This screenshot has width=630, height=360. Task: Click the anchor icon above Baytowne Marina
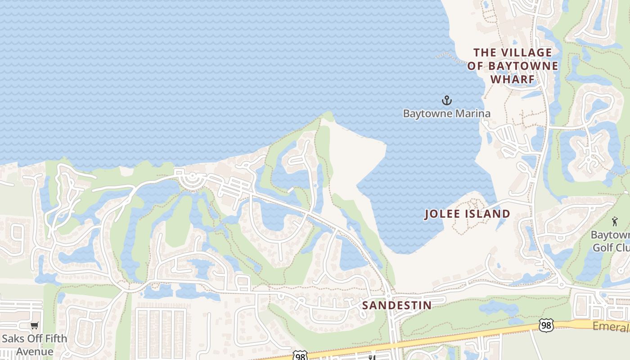(446, 100)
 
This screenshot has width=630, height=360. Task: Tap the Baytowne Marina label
(446, 113)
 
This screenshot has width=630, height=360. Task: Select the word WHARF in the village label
(513, 80)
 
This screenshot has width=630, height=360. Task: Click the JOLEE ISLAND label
(467, 214)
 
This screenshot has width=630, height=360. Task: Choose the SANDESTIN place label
(397, 305)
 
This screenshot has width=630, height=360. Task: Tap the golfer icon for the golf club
(615, 221)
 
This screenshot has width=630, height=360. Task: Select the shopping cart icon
(34, 325)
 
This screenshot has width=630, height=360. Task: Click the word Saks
(13, 338)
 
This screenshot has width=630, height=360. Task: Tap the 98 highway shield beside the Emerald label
(546, 325)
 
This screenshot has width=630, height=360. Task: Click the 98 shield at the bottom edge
(300, 356)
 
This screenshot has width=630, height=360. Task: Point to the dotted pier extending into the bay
(450, 57)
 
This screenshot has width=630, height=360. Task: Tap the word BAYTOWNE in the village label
(523, 66)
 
